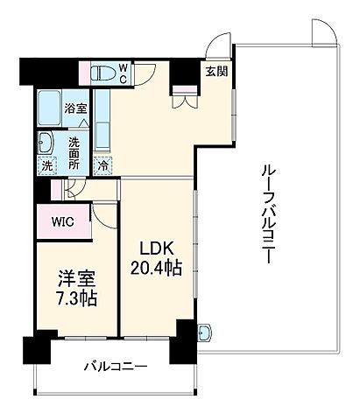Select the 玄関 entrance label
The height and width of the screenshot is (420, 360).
[x=216, y=72]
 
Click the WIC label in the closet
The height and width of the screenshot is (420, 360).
[x=61, y=221]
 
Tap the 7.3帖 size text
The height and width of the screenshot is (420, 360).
[x=73, y=298]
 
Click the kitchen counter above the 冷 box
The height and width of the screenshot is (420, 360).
[x=102, y=122]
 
